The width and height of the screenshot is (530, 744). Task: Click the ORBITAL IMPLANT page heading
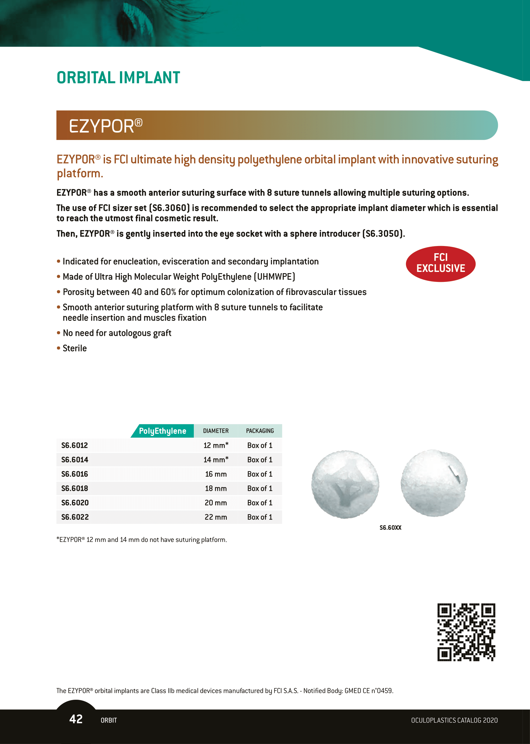118,78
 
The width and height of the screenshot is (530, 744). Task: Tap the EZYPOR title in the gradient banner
105,126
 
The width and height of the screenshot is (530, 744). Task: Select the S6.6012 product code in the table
75,446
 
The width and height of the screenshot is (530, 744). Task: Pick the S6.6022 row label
75,517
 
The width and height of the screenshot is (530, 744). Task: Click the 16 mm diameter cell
216,474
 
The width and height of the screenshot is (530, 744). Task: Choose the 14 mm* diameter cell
216,460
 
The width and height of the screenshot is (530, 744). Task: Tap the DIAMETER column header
216,431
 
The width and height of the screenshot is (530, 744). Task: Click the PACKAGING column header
260,431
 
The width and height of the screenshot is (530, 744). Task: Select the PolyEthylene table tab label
163,431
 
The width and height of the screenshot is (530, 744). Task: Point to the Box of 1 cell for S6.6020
260,503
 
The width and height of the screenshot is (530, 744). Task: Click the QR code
466,632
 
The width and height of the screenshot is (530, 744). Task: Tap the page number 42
76,719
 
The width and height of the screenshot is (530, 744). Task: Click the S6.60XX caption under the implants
390,528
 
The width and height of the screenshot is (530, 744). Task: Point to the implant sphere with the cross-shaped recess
345,484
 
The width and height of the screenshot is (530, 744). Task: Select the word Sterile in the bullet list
75,349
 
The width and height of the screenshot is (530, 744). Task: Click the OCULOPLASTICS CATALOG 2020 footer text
454,721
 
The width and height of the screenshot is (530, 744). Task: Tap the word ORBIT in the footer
109,721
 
